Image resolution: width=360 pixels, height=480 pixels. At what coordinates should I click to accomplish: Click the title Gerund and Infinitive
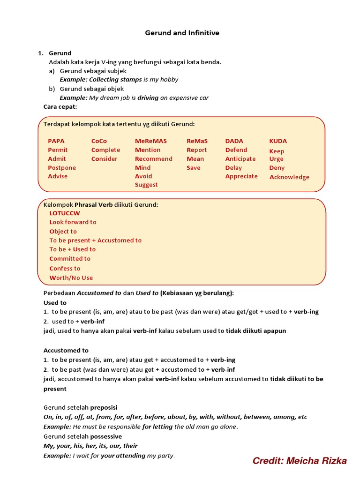click(x=182, y=33)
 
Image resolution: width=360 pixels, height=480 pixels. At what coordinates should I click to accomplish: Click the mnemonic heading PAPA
click(x=56, y=141)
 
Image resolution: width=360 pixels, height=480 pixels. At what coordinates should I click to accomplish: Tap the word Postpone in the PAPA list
click(x=62, y=167)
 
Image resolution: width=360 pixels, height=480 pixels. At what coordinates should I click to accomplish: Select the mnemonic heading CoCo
click(x=99, y=141)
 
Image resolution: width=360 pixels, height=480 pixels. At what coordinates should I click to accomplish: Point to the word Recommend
click(x=153, y=158)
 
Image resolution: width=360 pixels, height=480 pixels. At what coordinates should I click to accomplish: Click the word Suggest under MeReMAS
click(x=146, y=185)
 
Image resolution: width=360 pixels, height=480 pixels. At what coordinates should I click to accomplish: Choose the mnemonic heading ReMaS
click(x=197, y=141)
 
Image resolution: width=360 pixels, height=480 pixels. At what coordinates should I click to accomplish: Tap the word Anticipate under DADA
click(x=240, y=158)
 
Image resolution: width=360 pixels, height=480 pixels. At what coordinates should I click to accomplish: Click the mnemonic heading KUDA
click(x=278, y=141)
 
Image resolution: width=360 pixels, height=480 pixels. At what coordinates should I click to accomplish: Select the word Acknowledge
click(x=289, y=177)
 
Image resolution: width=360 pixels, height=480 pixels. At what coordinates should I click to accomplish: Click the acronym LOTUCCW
click(x=65, y=213)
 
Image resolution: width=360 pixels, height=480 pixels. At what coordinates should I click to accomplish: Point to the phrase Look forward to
click(x=73, y=222)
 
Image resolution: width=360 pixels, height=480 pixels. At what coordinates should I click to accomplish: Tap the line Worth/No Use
click(x=71, y=277)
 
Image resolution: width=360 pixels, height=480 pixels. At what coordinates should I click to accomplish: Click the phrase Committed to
click(x=70, y=258)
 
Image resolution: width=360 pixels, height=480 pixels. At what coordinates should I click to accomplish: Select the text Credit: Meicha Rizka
click(x=300, y=461)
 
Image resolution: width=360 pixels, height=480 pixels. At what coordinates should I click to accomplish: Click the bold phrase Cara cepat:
click(x=60, y=107)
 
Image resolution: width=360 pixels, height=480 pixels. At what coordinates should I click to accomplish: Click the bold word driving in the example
click(x=148, y=98)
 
